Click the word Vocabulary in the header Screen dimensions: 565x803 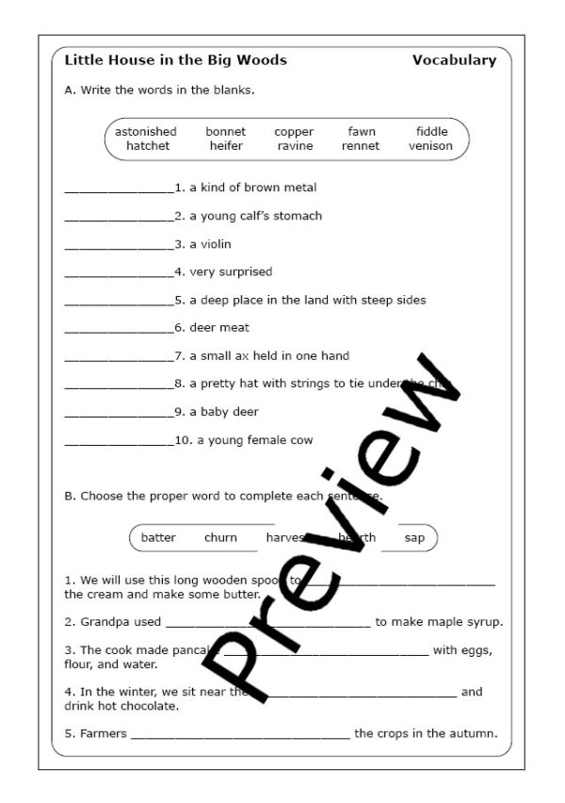tap(454, 60)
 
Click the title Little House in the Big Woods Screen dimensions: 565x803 tap(175, 60)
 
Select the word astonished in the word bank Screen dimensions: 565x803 tap(146, 132)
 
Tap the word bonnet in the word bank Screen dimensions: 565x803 tap(226, 132)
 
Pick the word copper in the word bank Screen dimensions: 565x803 tap(294, 132)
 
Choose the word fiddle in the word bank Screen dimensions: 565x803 tap(432, 132)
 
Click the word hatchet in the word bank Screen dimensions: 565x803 tap(148, 146)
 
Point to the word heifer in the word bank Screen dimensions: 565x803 tap(226, 146)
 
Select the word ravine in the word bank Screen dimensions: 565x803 tap(295, 146)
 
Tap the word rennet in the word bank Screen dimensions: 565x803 tap(361, 146)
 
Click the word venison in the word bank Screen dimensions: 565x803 tap(430, 146)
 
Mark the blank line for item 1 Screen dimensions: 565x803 tap(120, 190)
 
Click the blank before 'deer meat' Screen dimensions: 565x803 tap(120, 330)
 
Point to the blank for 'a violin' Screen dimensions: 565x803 tap(120, 246)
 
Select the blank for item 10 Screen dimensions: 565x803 tap(120, 442)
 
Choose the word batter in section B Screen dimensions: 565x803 tap(158, 538)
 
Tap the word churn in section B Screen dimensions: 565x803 tap(220, 538)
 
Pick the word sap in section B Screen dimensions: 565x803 tap(414, 538)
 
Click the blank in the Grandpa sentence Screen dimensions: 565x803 tap(268, 624)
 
